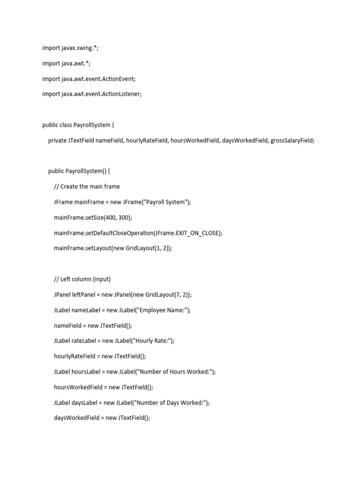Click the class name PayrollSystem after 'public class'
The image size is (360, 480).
tap(92, 125)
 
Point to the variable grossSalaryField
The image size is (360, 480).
tap(292, 141)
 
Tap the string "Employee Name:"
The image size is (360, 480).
tap(161, 310)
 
